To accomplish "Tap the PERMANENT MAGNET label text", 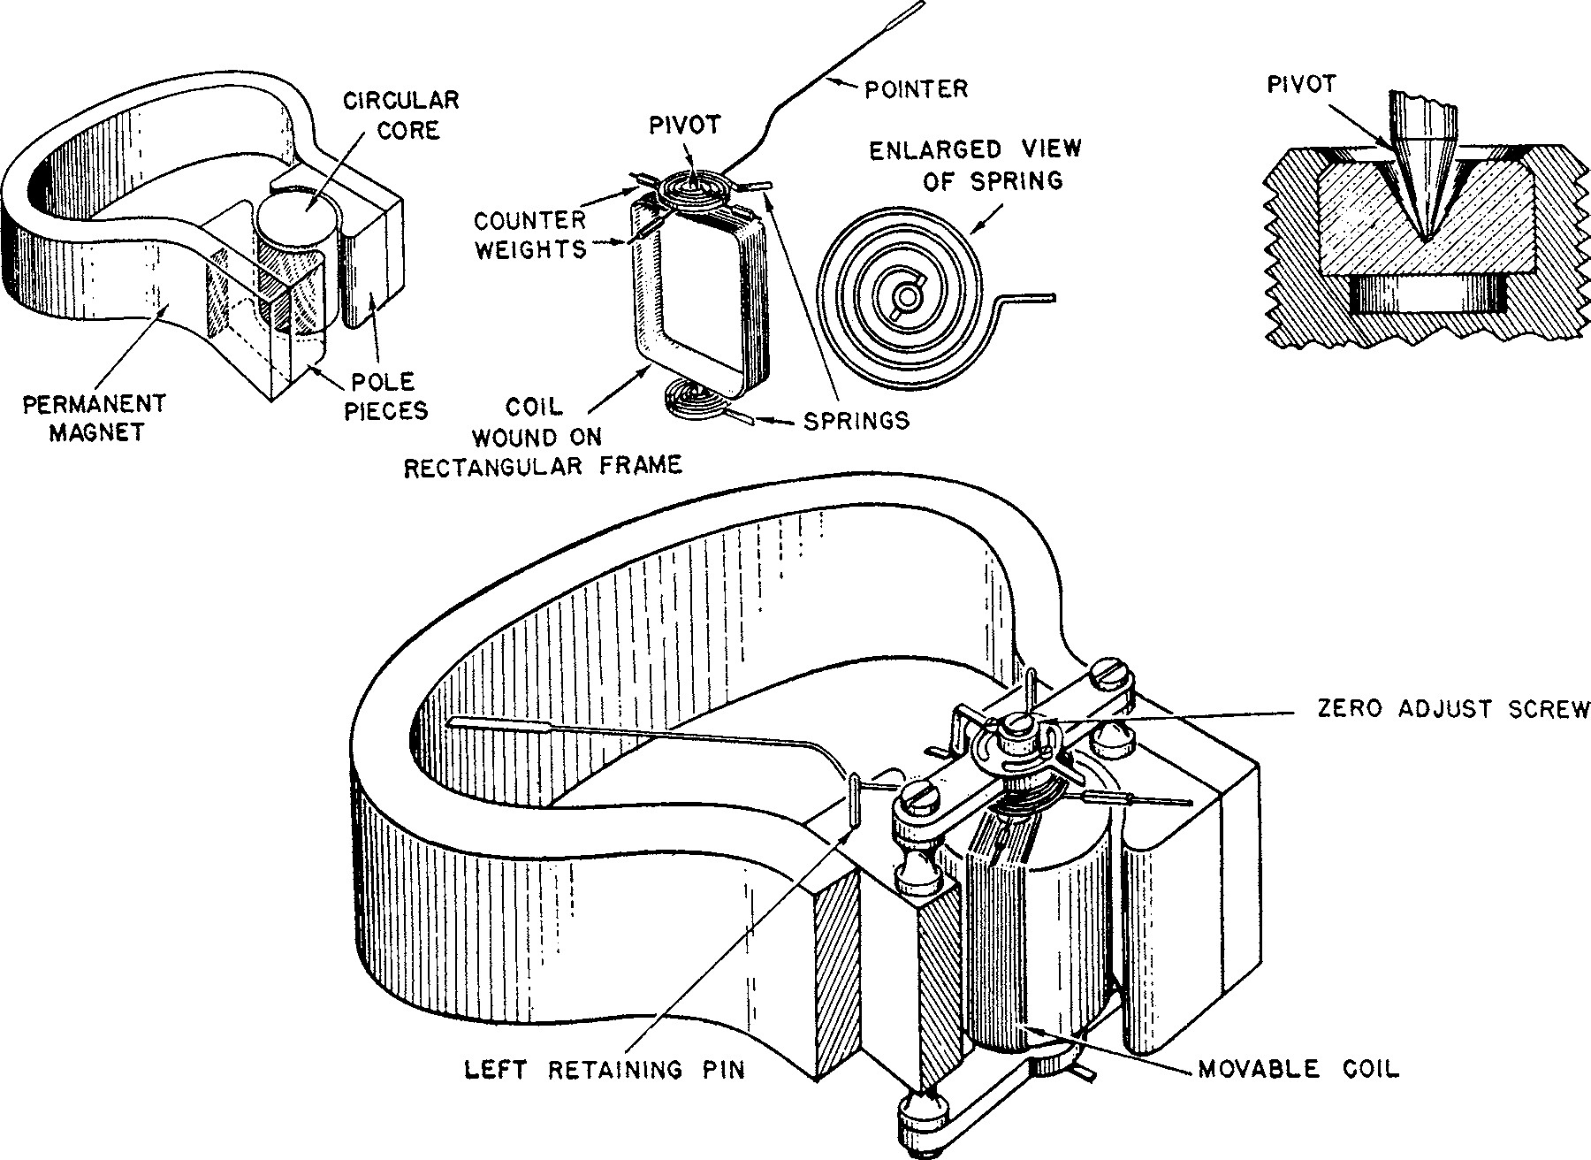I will pos(95,418).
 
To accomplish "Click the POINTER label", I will pos(916,88).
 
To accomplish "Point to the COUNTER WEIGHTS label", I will pos(530,234).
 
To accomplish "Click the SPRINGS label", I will pos(856,420).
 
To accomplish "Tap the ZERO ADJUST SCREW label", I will pos(1453,709).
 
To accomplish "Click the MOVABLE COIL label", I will pos(1298,1069).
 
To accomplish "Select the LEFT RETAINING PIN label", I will pos(605,1070).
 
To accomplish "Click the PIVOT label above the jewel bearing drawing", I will pos(1301,85).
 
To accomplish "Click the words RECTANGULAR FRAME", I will pos(543,466).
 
